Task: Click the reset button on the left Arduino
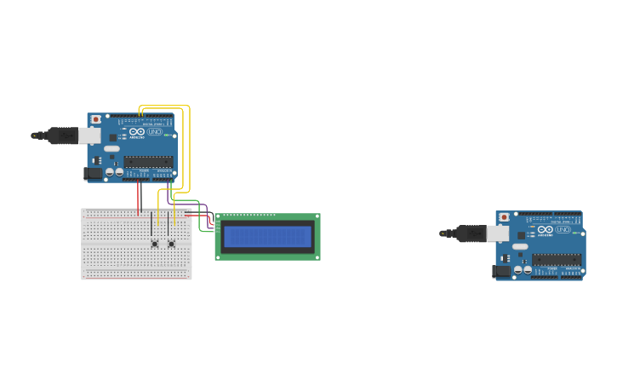click(x=95, y=119)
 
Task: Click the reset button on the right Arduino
click(x=504, y=218)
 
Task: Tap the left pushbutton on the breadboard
click(x=154, y=244)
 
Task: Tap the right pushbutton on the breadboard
click(x=171, y=244)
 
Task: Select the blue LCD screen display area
click(x=267, y=236)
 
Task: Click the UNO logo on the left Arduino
click(x=155, y=132)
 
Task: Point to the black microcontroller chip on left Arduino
click(x=148, y=161)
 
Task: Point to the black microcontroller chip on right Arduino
click(x=557, y=259)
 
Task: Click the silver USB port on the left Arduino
click(x=89, y=135)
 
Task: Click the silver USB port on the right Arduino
click(x=498, y=233)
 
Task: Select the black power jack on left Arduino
click(x=92, y=173)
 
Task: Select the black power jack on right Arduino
click(x=500, y=271)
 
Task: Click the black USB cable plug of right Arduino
click(x=471, y=233)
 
